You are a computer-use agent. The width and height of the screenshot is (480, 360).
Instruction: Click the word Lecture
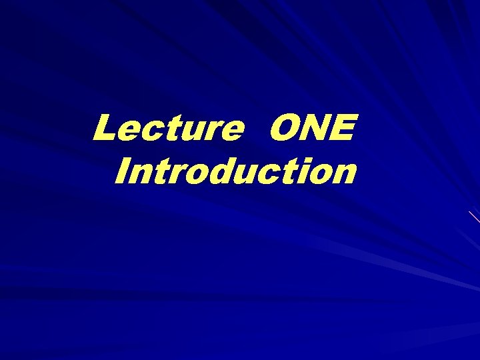[x=167, y=128]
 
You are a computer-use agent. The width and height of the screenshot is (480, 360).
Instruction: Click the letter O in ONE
[x=283, y=128]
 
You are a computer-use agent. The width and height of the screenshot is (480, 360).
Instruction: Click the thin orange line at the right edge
[x=474, y=216]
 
